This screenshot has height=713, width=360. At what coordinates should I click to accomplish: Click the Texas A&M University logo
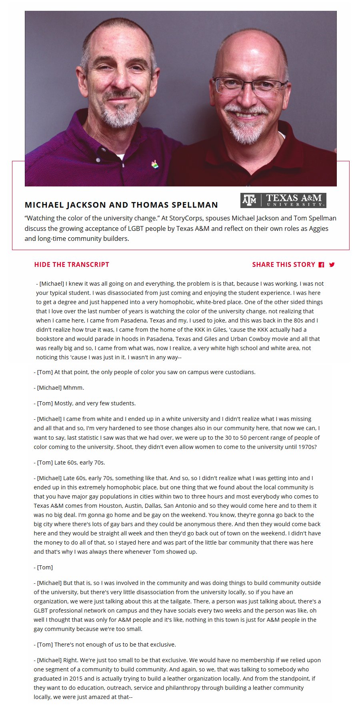pos(283,200)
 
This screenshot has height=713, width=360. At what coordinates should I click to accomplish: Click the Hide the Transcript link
pos(72,264)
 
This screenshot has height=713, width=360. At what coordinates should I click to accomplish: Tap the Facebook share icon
pos(321,265)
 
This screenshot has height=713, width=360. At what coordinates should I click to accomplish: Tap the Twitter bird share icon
pos(332,264)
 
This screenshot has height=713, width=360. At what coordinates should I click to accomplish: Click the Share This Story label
pos(284,264)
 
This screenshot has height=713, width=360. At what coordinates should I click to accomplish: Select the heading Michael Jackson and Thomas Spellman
pos(121,205)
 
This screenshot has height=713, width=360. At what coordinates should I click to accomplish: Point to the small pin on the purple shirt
pos(154,164)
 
